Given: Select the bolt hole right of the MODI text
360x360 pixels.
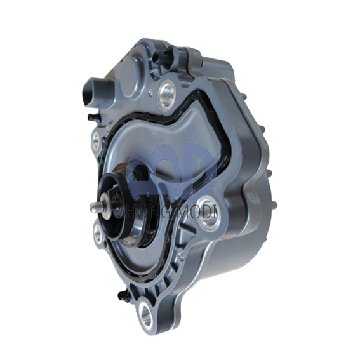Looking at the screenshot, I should tap(208, 219).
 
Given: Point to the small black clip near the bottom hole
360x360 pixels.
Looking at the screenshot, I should tap(123, 294).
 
